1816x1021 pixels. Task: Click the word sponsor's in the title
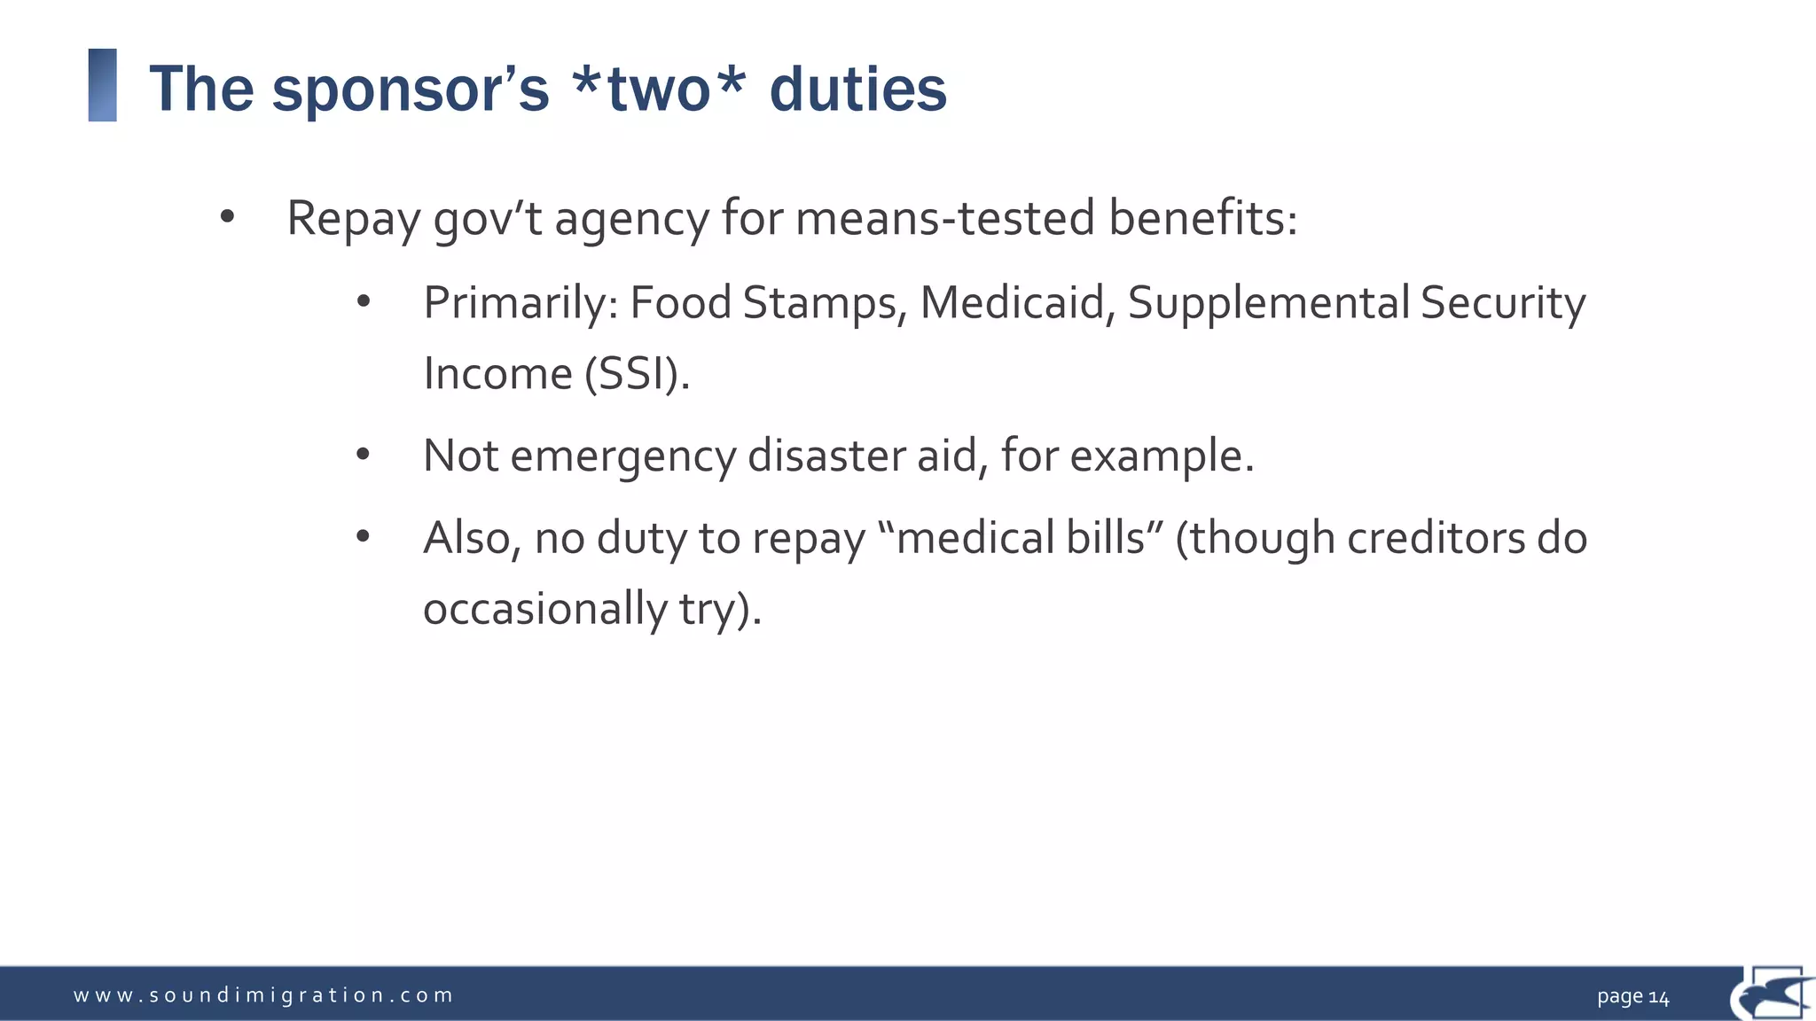click(410, 90)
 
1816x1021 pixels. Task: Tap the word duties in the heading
click(857, 90)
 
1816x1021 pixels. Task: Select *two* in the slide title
click(659, 90)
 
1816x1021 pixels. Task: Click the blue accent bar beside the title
click(103, 85)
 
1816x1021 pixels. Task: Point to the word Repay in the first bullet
click(353, 218)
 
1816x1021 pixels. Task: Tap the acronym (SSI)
click(637, 373)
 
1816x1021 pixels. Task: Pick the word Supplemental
click(1268, 303)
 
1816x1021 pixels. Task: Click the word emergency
click(622, 456)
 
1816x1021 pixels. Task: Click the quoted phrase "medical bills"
click(1020, 538)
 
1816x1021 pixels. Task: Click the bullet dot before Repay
click(227, 216)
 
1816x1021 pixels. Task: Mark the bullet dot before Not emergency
click(363, 455)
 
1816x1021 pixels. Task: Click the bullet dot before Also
click(363, 536)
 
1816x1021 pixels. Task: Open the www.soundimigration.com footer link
click(263, 995)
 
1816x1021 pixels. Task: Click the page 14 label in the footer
click(1632, 997)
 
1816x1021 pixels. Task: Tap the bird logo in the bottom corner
click(1772, 994)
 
